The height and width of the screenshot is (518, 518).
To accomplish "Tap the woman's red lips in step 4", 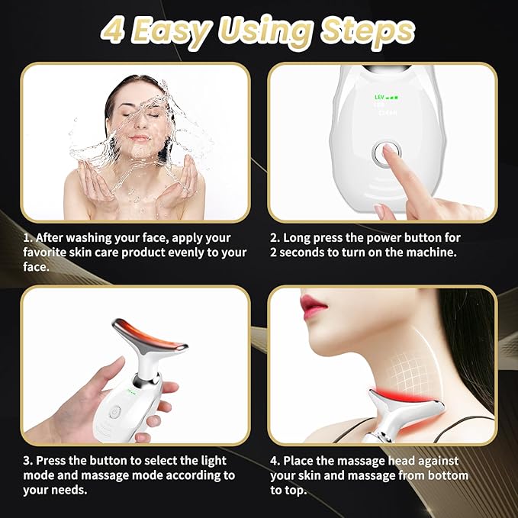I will click(314, 306).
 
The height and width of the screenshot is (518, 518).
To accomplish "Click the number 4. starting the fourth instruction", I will click(275, 460).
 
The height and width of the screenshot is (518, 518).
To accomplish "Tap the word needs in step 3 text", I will click(72, 491).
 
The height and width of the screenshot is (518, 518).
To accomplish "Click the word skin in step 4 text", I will click(311, 475).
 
